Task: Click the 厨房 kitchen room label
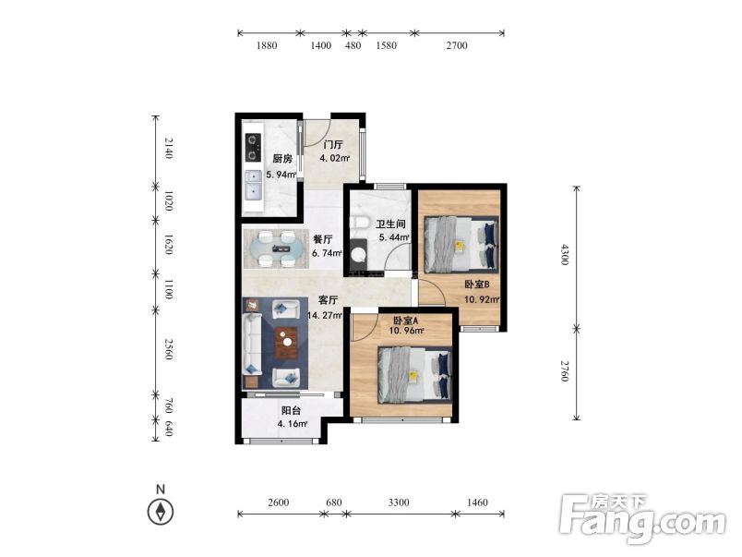(282, 159)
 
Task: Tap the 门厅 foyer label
(333, 144)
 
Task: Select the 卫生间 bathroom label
(390, 224)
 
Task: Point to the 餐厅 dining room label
(323, 239)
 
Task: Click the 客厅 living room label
(328, 300)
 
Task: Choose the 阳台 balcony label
(291, 410)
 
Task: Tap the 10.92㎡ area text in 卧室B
(482, 299)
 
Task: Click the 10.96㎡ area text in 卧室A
(406, 331)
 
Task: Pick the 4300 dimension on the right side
(565, 254)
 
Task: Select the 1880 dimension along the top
(267, 45)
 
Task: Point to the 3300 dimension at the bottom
(399, 503)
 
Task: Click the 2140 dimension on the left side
(169, 148)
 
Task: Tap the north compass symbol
(161, 512)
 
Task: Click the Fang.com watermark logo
(642, 518)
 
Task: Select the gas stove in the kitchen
(253, 148)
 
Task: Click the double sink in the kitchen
(253, 186)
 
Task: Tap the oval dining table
(277, 248)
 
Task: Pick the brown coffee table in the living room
(286, 343)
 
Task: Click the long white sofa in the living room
(252, 344)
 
